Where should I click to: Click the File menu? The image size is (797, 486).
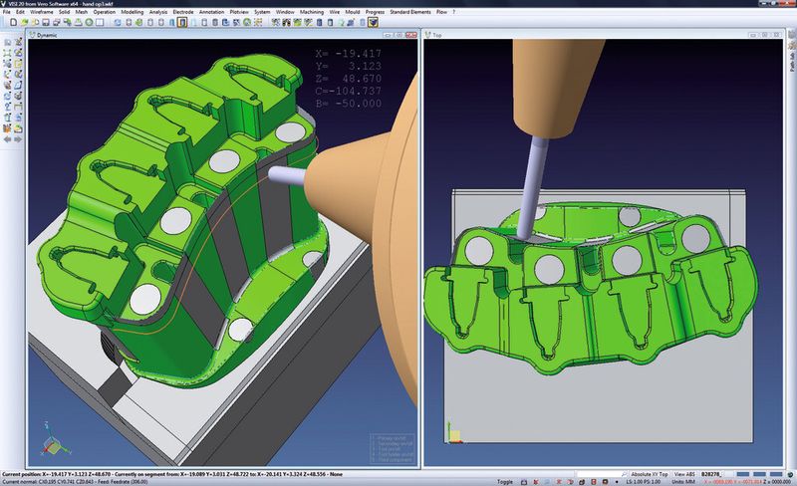7,12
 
